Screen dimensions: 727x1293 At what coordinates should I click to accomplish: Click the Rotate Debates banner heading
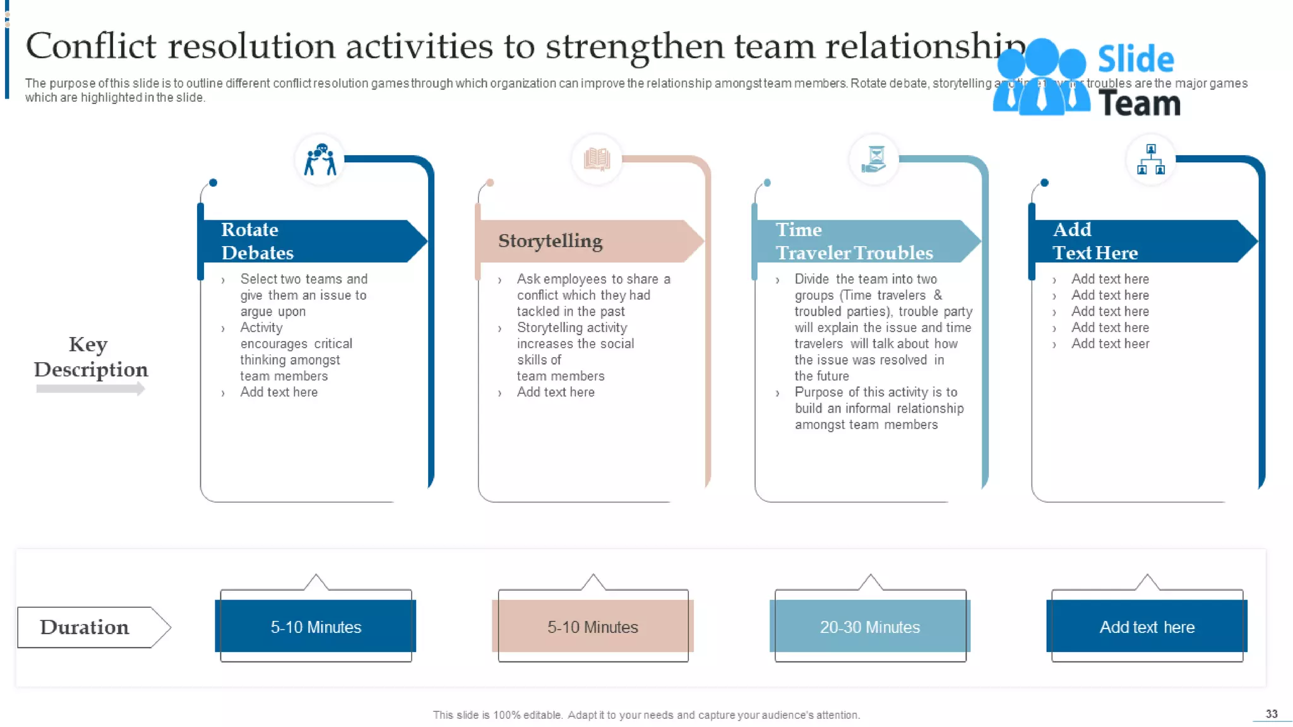pos(257,241)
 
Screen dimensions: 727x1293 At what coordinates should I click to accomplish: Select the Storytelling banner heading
pos(550,241)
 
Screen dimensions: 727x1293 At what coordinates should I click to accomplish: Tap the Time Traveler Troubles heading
pos(854,241)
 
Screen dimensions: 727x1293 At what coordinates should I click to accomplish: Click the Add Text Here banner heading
pos(1095,241)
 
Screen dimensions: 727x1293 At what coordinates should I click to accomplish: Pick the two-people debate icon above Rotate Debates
pos(320,159)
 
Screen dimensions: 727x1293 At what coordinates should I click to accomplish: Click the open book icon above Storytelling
pos(597,159)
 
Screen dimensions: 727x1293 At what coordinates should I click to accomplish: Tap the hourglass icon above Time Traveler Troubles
pos(874,159)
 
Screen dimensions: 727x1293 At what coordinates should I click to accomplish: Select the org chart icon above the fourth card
pos(1151,159)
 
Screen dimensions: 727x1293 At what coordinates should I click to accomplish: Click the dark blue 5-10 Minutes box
pos(316,627)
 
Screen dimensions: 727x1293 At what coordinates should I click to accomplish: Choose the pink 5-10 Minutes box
pos(593,627)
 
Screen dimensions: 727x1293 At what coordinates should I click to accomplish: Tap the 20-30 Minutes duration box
pos(870,627)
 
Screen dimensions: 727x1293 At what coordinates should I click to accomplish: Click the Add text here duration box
pos(1147,627)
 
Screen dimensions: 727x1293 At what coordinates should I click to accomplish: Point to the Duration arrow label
pos(85,627)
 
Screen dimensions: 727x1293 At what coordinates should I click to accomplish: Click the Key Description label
pos(90,357)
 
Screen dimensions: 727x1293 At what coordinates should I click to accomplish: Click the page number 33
pos(1272,714)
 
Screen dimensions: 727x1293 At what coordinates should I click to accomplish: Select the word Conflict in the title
pos(91,47)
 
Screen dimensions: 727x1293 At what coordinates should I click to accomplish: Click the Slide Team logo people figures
pos(1040,77)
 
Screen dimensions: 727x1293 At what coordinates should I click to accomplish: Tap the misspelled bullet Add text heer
pos(1110,344)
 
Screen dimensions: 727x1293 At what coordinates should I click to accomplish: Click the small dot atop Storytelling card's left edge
pos(490,183)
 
